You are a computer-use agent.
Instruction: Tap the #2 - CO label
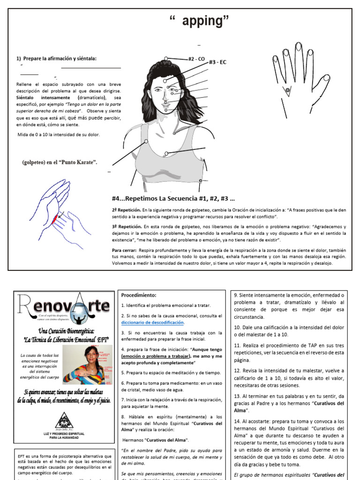(x=196, y=59)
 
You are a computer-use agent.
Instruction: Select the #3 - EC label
(x=217, y=61)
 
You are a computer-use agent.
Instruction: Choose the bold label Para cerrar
(x=124, y=250)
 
